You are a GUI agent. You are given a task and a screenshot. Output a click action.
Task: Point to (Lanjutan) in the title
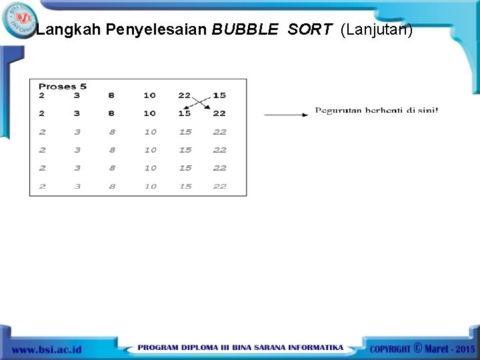click(x=377, y=30)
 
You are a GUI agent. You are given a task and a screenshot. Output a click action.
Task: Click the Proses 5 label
click(x=63, y=86)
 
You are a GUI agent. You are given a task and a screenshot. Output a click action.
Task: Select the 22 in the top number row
click(x=185, y=95)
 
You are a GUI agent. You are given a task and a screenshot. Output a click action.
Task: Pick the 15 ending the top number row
click(x=219, y=95)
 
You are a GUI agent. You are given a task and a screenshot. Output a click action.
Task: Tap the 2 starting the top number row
click(x=42, y=95)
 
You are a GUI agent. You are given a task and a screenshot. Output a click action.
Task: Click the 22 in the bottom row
click(x=219, y=187)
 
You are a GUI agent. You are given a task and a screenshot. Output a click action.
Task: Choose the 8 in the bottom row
click(x=111, y=187)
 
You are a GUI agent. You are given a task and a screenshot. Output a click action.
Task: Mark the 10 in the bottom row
click(x=150, y=187)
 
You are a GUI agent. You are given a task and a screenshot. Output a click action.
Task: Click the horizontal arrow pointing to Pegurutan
click(x=286, y=115)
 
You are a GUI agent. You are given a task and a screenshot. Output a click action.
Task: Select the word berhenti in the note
click(x=385, y=110)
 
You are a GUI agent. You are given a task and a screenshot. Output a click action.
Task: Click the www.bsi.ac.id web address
click(x=47, y=349)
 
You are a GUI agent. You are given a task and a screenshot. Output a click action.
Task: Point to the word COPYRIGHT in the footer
click(x=390, y=349)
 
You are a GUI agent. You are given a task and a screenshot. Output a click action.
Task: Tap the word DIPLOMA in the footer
click(x=207, y=348)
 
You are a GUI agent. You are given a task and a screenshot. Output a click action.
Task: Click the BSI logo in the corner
click(x=20, y=18)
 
